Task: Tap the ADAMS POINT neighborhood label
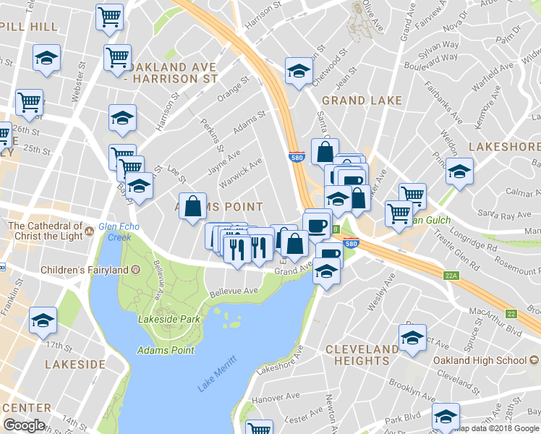pos(218,206)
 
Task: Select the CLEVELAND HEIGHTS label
pos(362,354)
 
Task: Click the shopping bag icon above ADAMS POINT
pos(194,208)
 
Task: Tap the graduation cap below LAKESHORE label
pos(459,172)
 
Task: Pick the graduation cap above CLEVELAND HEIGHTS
pos(412,339)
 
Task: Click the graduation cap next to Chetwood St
pos(297,72)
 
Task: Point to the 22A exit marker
pos(452,276)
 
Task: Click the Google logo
pos(25,425)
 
